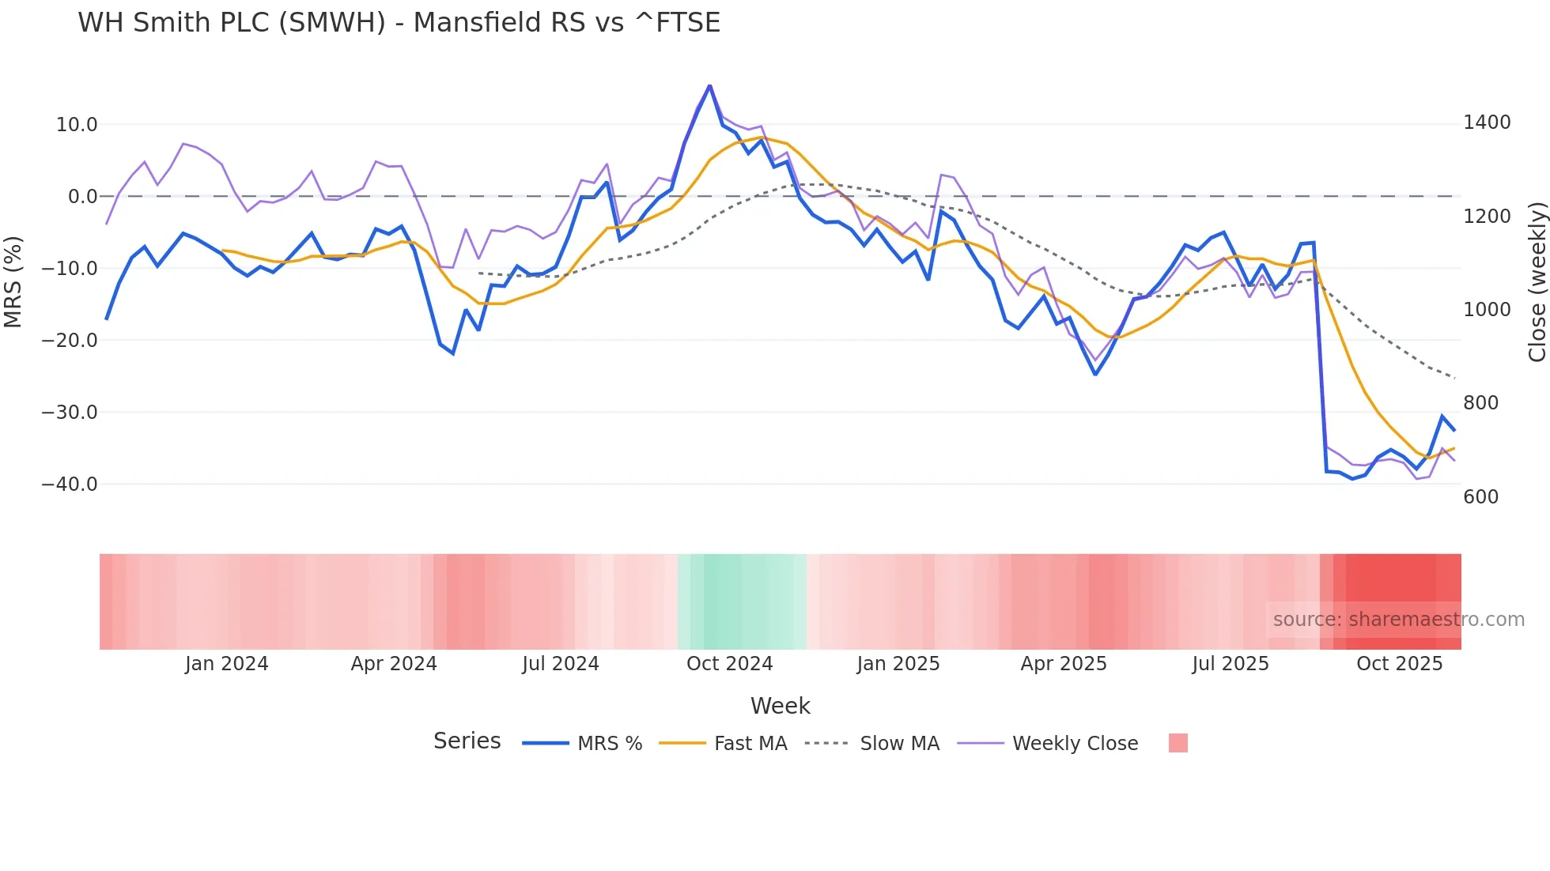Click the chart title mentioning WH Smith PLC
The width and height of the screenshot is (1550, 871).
click(399, 22)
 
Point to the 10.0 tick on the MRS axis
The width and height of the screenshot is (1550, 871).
click(77, 125)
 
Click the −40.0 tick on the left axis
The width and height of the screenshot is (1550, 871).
click(70, 485)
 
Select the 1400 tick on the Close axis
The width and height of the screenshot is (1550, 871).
click(1487, 123)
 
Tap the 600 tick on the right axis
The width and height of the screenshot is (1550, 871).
click(1480, 497)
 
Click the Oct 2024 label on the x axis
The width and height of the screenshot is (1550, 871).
click(729, 664)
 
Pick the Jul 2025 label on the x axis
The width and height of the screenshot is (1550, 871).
click(1230, 664)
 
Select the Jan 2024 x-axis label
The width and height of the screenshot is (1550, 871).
click(227, 664)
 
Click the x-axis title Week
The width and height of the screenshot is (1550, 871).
click(780, 706)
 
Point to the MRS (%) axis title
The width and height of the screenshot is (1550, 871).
click(13, 281)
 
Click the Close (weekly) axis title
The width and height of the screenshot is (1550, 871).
click(1537, 282)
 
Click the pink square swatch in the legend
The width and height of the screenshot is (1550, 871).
click(1178, 743)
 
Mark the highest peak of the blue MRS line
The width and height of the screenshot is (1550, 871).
click(709, 85)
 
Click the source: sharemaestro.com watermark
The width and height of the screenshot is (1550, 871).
click(1398, 620)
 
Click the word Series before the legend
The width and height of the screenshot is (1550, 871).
click(467, 741)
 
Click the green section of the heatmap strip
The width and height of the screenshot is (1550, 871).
click(742, 601)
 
